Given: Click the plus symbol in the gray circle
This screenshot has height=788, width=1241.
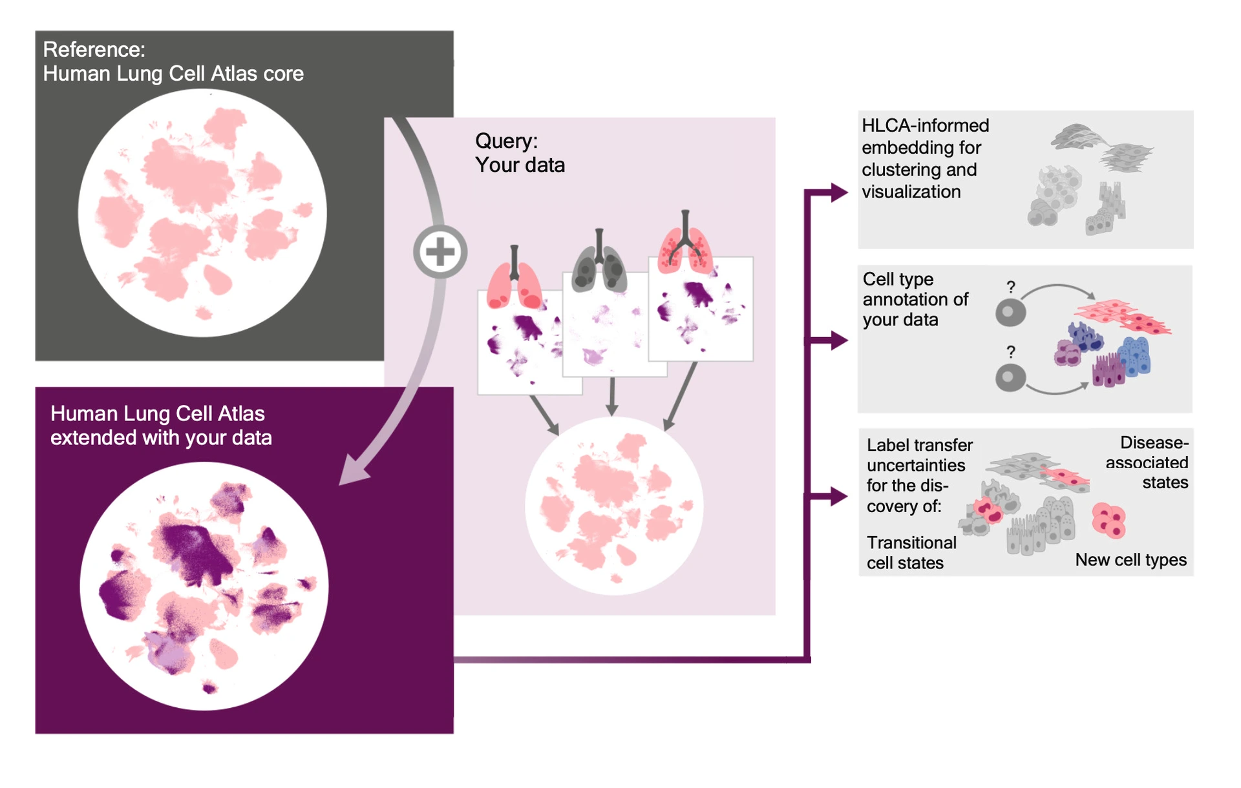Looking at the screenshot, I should click(440, 252).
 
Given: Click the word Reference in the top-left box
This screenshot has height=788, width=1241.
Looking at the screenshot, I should click(94, 50).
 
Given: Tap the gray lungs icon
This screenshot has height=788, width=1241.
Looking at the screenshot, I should click(599, 265).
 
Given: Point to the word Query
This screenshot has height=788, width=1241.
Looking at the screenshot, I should click(505, 141).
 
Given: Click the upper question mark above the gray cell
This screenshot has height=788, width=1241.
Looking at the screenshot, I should click(1011, 286).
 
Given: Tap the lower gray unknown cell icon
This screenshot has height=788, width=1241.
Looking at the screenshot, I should click(1010, 378).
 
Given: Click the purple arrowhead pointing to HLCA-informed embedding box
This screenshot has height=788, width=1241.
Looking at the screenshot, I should click(838, 192).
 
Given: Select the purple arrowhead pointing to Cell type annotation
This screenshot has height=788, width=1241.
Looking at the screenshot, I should click(838, 340).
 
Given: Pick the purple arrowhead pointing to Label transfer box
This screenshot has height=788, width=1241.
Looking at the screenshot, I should click(838, 496).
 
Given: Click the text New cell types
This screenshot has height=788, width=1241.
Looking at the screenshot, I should click(1130, 560).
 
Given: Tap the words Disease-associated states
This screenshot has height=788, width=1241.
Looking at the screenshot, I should click(1147, 462).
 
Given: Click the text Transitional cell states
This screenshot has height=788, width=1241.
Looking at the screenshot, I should click(911, 553).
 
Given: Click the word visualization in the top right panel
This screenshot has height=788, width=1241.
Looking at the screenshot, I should click(911, 192).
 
